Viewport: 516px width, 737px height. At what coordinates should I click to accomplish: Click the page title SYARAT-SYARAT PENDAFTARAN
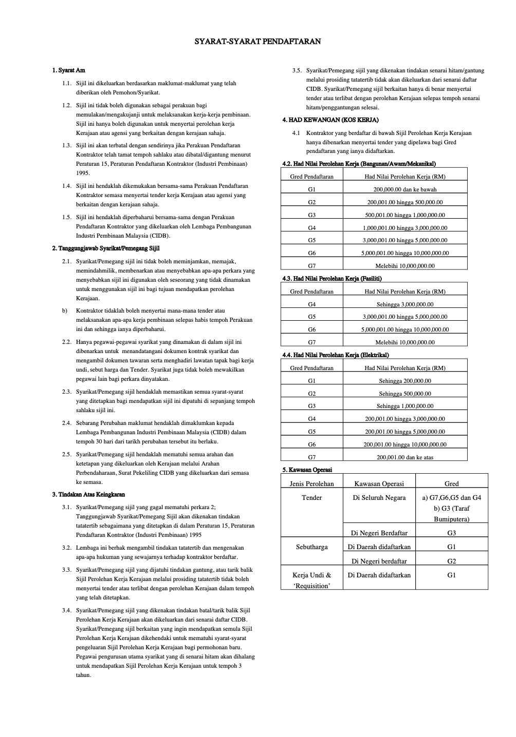pos(257,42)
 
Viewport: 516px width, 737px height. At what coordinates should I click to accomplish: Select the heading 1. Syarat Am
pos(68,70)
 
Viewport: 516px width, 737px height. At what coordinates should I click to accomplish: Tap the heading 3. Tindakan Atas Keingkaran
pos(88,495)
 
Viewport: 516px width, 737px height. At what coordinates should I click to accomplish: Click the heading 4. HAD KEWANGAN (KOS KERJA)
pos(330,120)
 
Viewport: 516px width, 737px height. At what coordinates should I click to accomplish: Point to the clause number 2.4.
pos(66,423)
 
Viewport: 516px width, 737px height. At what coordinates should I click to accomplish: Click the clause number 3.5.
pos(297,71)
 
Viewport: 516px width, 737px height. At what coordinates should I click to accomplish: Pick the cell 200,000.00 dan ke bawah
pos(404,189)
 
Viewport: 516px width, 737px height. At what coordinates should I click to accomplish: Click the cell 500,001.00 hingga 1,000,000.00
pos(404,215)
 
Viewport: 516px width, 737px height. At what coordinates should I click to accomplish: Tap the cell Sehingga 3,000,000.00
pos(404,304)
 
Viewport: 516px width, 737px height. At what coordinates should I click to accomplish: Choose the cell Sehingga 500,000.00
pos(404,394)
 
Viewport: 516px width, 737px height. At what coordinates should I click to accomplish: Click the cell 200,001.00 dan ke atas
pos(404,457)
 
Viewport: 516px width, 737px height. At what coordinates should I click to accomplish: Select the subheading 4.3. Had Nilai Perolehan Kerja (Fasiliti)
pos(332,279)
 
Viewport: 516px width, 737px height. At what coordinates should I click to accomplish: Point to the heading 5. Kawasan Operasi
pos(307,470)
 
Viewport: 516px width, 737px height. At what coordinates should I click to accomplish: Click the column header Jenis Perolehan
pos(311,483)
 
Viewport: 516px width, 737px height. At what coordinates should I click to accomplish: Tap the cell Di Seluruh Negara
pos(379,497)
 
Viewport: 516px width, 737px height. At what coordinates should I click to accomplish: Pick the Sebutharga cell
pos(311,547)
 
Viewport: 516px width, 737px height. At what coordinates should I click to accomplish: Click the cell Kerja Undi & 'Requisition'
pos(311,580)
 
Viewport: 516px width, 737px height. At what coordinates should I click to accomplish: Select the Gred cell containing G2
pos(451,561)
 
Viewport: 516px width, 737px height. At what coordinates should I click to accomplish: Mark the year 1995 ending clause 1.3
pos(83,173)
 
